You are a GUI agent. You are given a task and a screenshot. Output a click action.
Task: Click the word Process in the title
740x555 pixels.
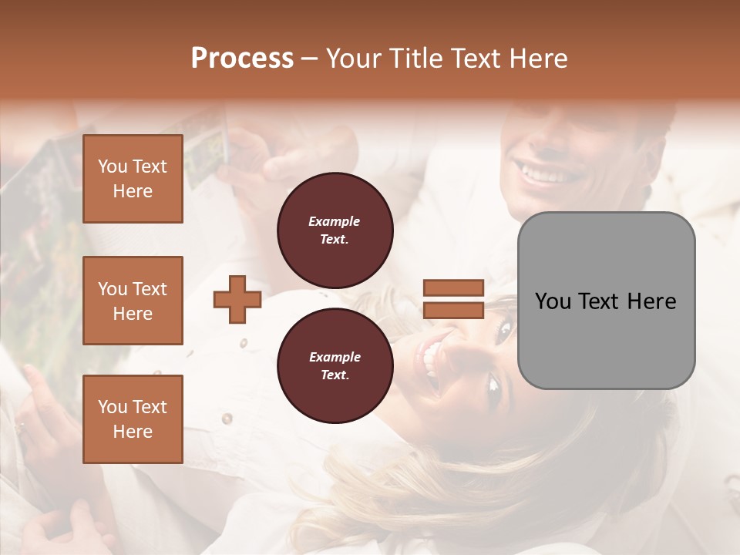point(242,59)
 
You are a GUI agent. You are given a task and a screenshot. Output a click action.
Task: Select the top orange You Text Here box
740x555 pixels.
point(133,179)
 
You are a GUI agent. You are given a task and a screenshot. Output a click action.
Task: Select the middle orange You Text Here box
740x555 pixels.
point(133,301)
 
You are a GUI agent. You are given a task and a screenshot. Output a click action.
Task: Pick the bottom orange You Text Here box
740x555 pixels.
point(133,419)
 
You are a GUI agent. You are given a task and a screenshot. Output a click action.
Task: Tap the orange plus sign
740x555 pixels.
point(237,299)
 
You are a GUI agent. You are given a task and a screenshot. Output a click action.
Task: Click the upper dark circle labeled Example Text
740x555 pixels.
point(335,230)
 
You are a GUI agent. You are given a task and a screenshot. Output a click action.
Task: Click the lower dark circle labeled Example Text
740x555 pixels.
point(335,366)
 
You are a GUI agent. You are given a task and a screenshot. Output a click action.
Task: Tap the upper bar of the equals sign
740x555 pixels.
point(453,288)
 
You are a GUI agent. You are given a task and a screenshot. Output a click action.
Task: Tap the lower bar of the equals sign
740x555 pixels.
point(453,310)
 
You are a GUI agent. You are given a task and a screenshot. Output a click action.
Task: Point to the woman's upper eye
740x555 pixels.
point(505,331)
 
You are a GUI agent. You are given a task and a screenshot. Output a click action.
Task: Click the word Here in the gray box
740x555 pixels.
point(651,301)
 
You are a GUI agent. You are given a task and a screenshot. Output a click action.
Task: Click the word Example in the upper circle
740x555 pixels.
point(335,221)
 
